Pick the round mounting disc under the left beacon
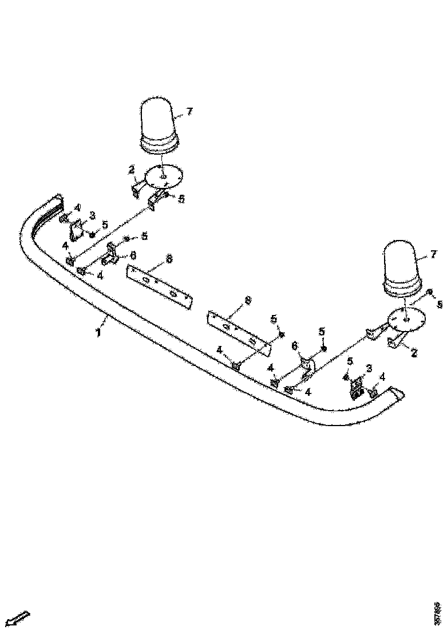pyautogui.click(x=163, y=176)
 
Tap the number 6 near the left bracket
pyautogui.click(x=133, y=255)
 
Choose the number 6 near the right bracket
pyautogui.click(x=295, y=346)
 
